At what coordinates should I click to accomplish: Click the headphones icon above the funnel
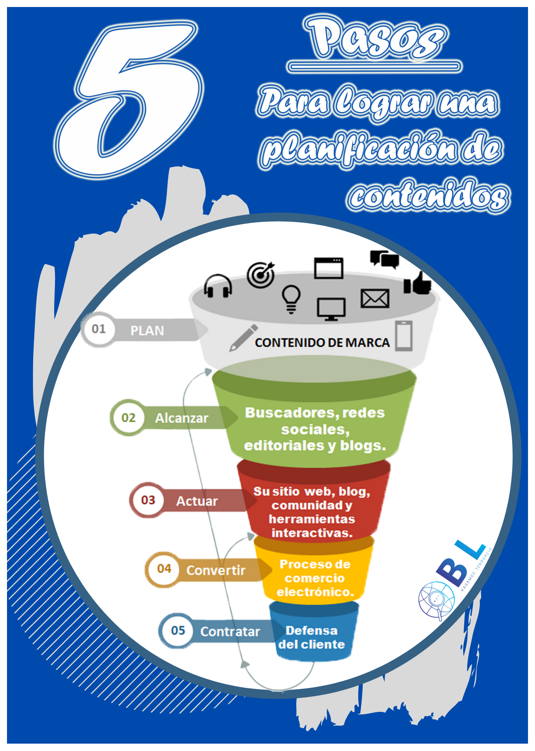(218, 286)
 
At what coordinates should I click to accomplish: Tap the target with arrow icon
(261, 274)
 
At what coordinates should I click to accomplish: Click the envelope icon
(375, 298)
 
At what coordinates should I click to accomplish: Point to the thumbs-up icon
(417, 283)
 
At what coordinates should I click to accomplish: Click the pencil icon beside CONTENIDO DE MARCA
(243, 338)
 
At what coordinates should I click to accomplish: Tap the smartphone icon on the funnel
(404, 336)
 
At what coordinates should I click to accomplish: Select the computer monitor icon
(331, 309)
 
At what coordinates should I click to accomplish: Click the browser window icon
(329, 268)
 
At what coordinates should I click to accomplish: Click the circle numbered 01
(98, 329)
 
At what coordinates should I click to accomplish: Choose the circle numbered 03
(148, 500)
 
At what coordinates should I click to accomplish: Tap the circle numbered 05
(178, 631)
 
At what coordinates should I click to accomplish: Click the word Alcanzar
(182, 418)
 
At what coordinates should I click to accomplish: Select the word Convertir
(216, 570)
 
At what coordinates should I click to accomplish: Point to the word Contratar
(230, 632)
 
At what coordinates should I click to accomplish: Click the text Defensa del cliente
(312, 638)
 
